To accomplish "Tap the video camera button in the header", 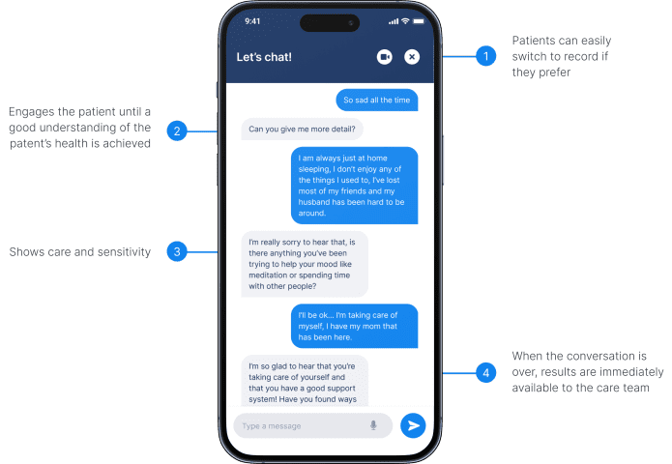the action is click(x=385, y=57).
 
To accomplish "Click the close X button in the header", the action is click(x=412, y=57).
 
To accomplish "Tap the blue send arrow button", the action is click(x=413, y=425).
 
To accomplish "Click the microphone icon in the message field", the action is click(x=373, y=425).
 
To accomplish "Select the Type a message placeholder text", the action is click(x=272, y=426).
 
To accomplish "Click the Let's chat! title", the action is click(x=264, y=57).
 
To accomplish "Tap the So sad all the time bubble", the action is click(x=377, y=100).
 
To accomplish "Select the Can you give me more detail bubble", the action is click(x=302, y=129).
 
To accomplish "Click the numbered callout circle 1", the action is click(x=486, y=56).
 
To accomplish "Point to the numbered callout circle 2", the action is click(x=177, y=131).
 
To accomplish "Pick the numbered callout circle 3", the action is click(x=177, y=252).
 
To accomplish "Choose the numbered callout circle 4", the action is click(x=486, y=373).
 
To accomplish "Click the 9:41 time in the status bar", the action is click(x=252, y=21).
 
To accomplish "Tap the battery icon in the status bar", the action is click(x=419, y=21).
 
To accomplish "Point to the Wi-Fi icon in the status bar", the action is click(x=405, y=21).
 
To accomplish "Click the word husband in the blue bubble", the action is click(x=314, y=202).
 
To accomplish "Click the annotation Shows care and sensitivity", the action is click(x=80, y=252).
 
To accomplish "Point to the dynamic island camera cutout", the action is click(x=330, y=22).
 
